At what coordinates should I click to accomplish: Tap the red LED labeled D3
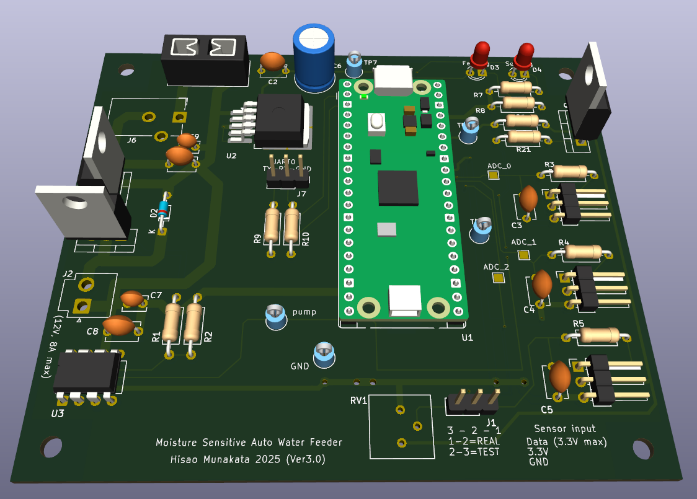pyautogui.click(x=481, y=55)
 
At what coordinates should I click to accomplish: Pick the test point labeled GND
pyautogui.click(x=324, y=354)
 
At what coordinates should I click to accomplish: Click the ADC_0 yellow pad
pyautogui.click(x=494, y=175)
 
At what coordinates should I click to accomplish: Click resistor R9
pyautogui.click(x=272, y=226)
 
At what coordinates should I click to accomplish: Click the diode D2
pyautogui.click(x=163, y=211)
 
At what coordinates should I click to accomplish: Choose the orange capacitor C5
pyautogui.click(x=560, y=376)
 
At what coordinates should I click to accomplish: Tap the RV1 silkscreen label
pyautogui.click(x=359, y=400)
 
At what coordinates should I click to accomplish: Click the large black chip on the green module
pyautogui.click(x=397, y=187)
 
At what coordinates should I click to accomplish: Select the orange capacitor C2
pyautogui.click(x=273, y=61)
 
